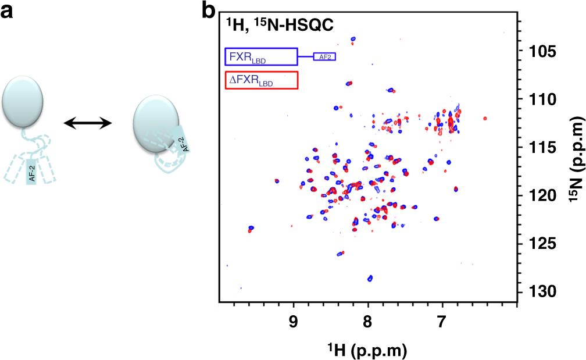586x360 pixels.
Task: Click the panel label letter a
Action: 8,11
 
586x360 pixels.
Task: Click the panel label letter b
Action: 210,11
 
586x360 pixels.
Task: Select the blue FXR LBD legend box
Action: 261,56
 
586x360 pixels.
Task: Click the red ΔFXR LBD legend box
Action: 261,80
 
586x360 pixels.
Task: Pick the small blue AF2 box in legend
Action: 325,56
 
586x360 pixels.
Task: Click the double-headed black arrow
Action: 88,123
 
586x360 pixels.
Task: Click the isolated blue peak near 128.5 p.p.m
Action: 370,278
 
